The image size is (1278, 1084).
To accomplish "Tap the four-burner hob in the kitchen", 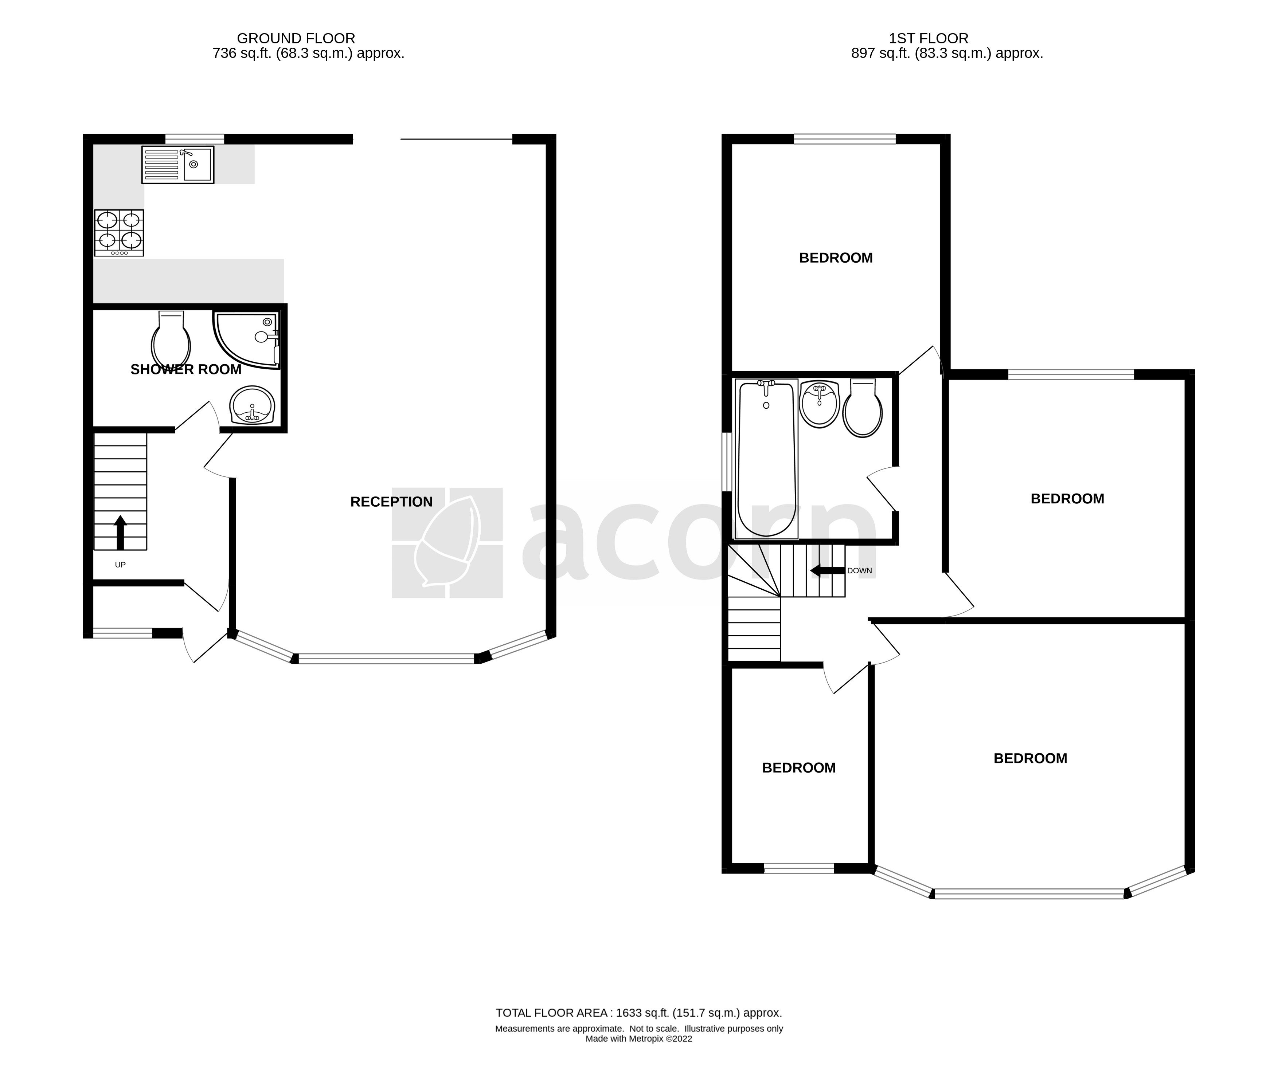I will [119, 232].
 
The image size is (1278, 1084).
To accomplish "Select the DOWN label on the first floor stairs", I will [859, 571].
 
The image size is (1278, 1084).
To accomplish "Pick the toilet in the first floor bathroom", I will [863, 409].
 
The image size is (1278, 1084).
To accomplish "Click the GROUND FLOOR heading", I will [296, 39].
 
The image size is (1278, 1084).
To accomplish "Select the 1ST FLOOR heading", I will [928, 39].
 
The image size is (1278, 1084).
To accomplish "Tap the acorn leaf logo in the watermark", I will [447, 543].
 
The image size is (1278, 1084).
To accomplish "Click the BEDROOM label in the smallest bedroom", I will [798, 767].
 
